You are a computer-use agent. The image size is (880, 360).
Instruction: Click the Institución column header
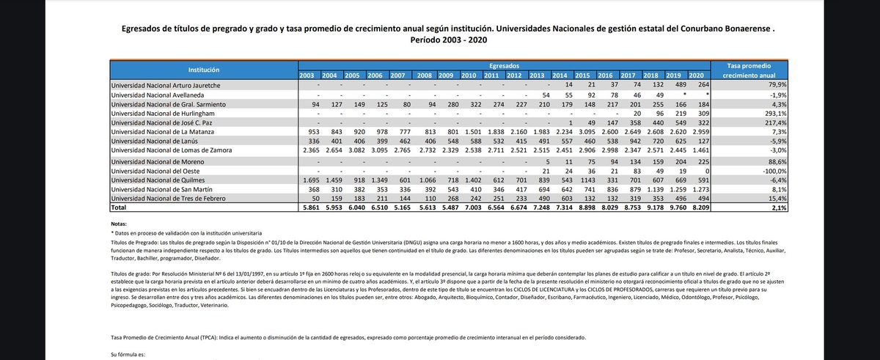point(203,70)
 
